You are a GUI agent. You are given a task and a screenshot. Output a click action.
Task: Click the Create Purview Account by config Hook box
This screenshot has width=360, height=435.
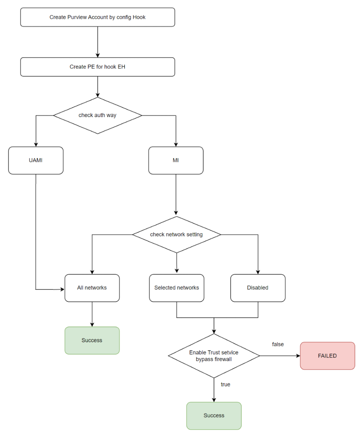click(x=98, y=17)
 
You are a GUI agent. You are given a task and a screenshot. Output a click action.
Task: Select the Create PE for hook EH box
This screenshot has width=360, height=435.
click(x=98, y=67)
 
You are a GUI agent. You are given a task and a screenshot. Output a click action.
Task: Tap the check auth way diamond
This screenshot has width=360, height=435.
click(x=98, y=115)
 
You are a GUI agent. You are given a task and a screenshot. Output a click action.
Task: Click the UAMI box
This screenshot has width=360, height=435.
click(x=36, y=160)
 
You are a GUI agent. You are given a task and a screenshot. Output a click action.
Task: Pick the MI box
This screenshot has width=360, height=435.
click(x=176, y=160)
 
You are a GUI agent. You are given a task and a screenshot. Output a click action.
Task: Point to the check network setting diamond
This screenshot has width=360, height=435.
click(x=176, y=234)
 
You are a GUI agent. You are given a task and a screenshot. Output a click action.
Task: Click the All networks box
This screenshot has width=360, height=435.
click(x=92, y=288)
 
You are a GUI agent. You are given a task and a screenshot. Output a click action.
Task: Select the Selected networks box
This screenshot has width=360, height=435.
click(x=177, y=288)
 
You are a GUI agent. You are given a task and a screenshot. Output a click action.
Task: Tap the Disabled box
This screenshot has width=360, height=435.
click(x=258, y=288)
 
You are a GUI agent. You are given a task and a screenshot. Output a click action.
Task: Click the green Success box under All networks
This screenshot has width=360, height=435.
click(x=92, y=340)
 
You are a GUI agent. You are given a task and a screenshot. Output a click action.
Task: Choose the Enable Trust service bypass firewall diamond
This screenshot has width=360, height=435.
click(x=214, y=356)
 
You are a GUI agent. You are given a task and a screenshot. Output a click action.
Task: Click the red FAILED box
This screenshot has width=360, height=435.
click(x=327, y=356)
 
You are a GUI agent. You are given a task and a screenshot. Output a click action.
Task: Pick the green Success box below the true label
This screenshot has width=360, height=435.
click(x=214, y=416)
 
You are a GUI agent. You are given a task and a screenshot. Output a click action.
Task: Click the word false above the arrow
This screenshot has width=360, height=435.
click(x=278, y=344)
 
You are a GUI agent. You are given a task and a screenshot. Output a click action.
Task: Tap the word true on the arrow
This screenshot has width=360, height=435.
click(x=225, y=384)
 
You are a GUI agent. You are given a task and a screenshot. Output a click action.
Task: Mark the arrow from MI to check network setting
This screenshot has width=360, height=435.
click(x=176, y=195)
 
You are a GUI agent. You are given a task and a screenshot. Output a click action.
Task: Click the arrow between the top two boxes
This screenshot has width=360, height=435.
click(x=98, y=42)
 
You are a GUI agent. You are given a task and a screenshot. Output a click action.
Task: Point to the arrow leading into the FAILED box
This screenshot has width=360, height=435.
click(x=280, y=356)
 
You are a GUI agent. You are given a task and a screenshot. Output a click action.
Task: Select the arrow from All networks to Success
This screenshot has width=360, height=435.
click(x=92, y=314)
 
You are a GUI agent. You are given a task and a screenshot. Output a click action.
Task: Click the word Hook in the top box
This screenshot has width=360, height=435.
click(x=139, y=17)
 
